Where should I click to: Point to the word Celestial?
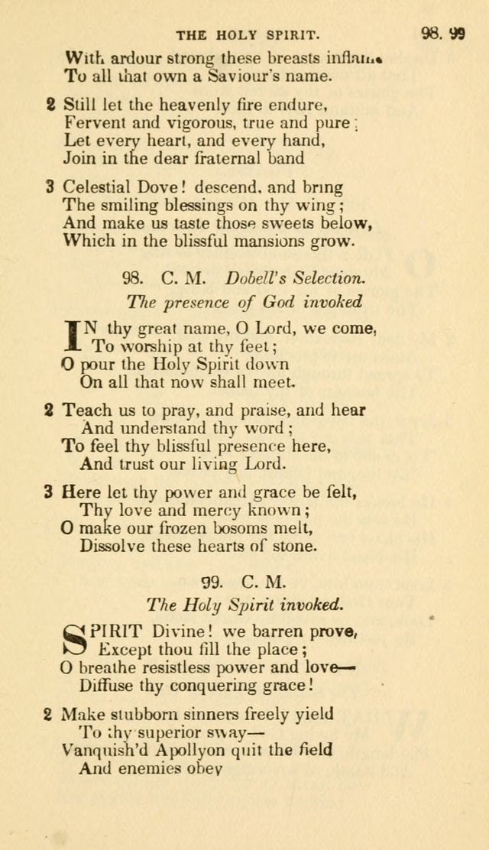[x=96, y=187]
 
